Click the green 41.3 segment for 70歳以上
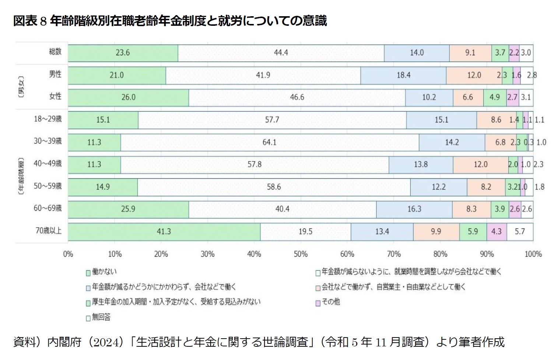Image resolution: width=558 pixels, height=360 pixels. click(x=164, y=231)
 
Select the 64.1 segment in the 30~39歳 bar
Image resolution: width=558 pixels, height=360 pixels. click(x=269, y=142)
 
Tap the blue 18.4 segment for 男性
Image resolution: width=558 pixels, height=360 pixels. click(x=403, y=75)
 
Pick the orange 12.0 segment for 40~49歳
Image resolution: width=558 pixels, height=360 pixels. click(x=480, y=164)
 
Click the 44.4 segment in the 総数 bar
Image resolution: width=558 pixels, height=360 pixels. click(x=281, y=53)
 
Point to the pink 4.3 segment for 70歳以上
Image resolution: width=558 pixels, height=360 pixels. click(x=496, y=231)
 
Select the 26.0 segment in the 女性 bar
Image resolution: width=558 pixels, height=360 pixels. click(x=128, y=97)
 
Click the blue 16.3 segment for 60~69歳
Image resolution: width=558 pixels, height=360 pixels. click(x=414, y=209)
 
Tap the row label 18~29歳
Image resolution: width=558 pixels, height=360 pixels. click(x=48, y=119)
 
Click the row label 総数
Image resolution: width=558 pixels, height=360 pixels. click(x=55, y=52)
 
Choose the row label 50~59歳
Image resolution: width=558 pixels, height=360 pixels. click(x=48, y=186)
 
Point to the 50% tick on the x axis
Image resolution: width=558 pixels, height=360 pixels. click(x=301, y=254)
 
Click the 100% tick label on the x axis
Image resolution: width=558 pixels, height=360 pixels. click(x=533, y=254)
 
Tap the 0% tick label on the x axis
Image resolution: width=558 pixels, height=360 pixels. click(x=68, y=254)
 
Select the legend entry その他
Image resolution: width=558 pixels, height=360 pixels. click(x=330, y=302)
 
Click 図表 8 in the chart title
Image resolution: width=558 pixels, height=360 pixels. click(x=30, y=21)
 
